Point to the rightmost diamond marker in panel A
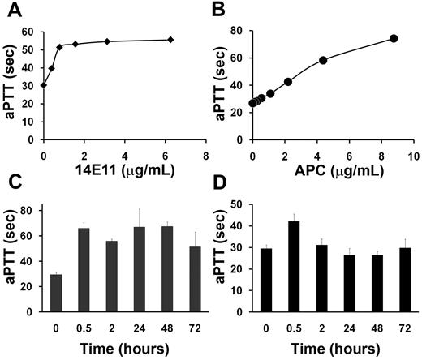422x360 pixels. pyautogui.click(x=170, y=40)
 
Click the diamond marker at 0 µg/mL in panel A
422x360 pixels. pyautogui.click(x=44, y=85)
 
